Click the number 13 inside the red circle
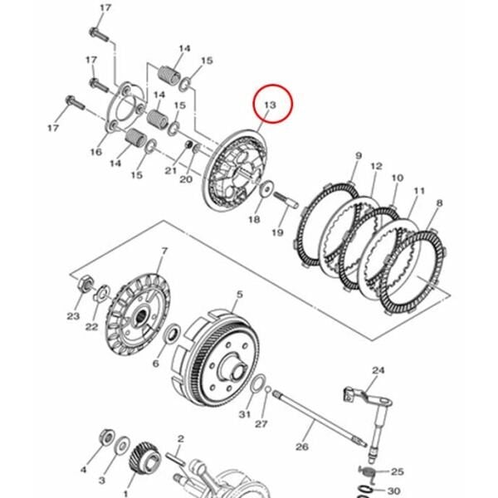271,105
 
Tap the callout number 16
96,152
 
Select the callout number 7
164,251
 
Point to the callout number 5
240,295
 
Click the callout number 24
378,370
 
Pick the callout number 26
302,447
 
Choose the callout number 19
277,232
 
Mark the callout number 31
245,414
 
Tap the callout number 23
73,316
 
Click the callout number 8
439,203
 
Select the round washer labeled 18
266,189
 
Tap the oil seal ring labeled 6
172,334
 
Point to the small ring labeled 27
268,388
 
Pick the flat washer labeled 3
122,445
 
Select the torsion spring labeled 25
369,472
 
